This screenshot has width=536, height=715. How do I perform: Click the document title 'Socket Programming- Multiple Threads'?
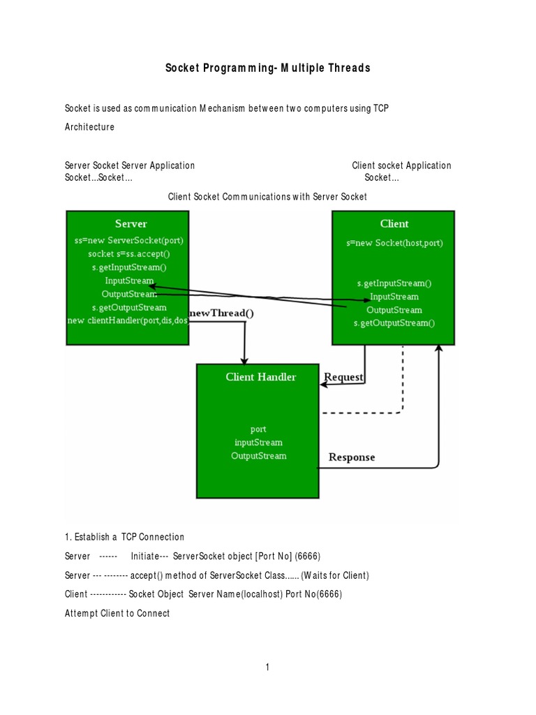[x=267, y=68]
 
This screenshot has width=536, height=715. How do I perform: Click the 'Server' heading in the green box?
[x=131, y=223]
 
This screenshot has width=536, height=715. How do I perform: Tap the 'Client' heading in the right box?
[x=394, y=223]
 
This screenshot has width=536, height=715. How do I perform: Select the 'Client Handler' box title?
[x=260, y=377]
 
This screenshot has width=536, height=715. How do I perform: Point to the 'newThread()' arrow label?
[x=222, y=314]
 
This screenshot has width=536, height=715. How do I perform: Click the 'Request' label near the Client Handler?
[x=343, y=377]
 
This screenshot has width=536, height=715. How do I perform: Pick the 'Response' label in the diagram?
[x=352, y=457]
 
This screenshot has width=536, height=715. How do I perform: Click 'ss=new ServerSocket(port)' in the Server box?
[x=129, y=240]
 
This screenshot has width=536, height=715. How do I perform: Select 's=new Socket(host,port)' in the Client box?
[x=394, y=243]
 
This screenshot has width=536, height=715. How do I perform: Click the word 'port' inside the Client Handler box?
[x=258, y=429]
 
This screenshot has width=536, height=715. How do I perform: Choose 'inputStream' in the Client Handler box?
[x=258, y=442]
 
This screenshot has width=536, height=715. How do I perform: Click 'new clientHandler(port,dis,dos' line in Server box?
[x=128, y=320]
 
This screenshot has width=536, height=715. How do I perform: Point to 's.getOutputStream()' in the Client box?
[x=394, y=323]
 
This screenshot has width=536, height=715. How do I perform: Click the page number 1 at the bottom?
[x=267, y=668]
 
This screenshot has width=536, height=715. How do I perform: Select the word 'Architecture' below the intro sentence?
[x=89, y=127]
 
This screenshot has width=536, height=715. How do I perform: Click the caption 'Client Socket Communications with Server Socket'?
[x=267, y=198]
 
